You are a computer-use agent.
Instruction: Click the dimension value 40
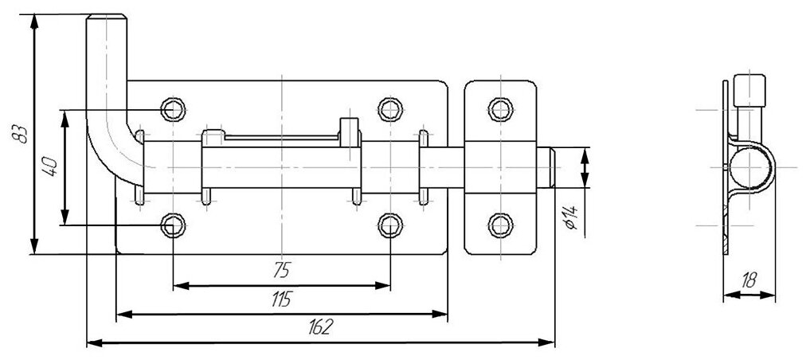point(49,166)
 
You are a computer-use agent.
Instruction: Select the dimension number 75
point(280,270)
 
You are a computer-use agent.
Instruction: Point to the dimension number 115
point(281,300)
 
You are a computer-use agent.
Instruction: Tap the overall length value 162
point(321,328)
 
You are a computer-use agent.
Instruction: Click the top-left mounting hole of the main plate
point(172,108)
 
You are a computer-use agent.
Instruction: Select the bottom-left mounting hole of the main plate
point(172,226)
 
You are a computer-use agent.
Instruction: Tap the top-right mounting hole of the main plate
point(389,108)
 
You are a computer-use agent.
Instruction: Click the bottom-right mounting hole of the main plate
point(389,226)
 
